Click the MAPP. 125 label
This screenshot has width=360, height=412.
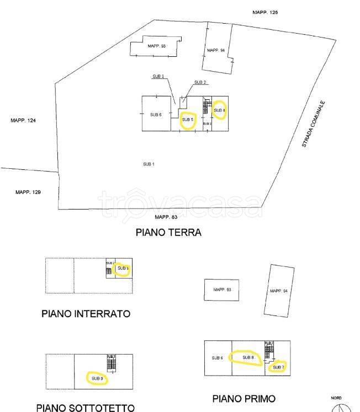tap(265, 12)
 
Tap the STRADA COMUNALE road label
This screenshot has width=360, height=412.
tap(314, 124)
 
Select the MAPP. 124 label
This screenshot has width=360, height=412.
tap(23, 120)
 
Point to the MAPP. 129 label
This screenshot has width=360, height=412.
tap(28, 192)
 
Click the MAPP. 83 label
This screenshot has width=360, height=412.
tap(166, 217)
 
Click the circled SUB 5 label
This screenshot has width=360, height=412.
tap(188, 120)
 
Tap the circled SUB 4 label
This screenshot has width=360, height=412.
tap(219, 110)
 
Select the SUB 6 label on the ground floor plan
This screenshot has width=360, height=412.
tap(156, 114)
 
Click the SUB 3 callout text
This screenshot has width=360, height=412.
tap(158, 76)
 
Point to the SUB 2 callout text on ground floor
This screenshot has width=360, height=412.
tap(200, 82)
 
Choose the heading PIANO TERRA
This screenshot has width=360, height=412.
tap(168, 233)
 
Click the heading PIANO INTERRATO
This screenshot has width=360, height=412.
tap(86, 314)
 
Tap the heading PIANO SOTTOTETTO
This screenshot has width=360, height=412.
tap(85, 408)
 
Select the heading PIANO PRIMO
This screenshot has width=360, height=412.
tap(243, 398)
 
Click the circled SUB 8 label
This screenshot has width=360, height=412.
tap(248, 357)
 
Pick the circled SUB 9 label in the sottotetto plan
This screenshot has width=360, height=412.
tap(97, 378)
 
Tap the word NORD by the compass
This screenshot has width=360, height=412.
tap(336, 398)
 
